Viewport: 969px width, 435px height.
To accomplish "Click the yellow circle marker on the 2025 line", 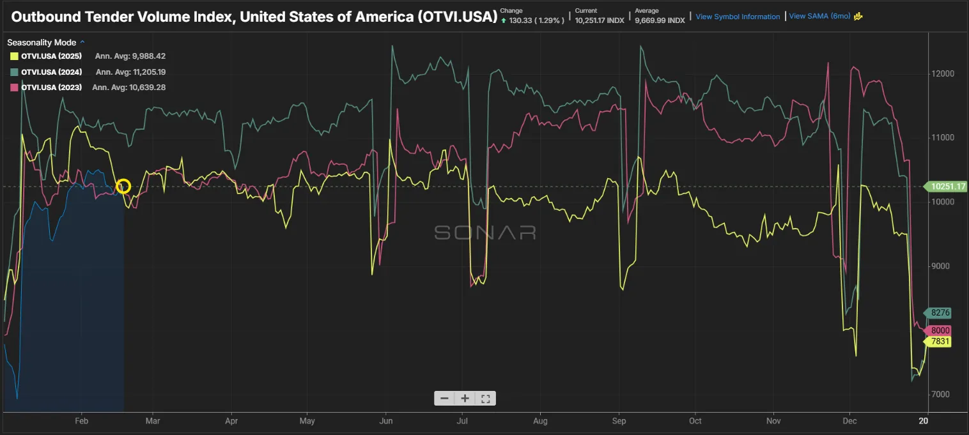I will point(124,187).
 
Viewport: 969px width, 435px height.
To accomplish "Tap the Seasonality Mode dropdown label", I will point(42,43).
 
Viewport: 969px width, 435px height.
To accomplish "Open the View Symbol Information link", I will point(738,17).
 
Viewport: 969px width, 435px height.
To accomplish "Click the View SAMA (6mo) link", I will point(819,17).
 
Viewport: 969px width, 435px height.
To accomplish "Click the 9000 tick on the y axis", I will point(942,266).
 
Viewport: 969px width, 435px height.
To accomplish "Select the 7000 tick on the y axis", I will point(942,395).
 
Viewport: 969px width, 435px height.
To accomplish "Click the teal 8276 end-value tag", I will point(940,313).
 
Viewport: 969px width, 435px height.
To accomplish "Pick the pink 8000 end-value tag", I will point(940,330).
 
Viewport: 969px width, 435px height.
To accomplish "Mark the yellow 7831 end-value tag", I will point(940,342).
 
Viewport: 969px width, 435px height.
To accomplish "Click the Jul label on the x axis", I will point(463,421).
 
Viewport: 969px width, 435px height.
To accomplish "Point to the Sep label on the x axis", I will point(619,421).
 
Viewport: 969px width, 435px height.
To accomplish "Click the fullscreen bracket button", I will point(485,399).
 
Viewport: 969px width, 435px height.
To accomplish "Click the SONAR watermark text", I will point(484,233).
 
